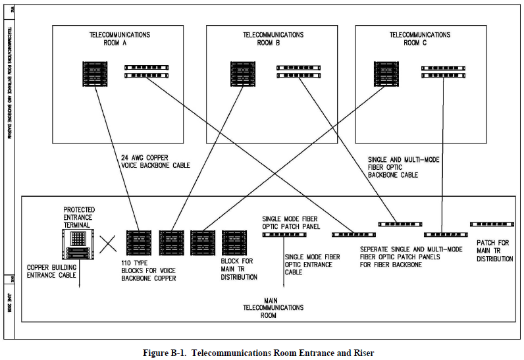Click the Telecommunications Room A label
(x=119, y=38)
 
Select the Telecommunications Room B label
(x=273, y=38)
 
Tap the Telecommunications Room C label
(x=420, y=38)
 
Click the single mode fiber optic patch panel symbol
(x=284, y=234)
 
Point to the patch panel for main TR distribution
(x=492, y=224)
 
